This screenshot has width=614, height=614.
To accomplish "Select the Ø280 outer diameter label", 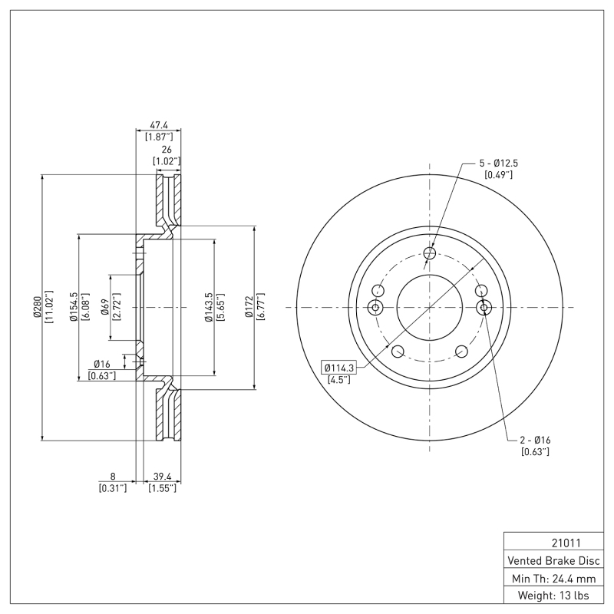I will click(x=36, y=307).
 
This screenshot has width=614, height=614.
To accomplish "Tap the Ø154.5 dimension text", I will click(x=74, y=307).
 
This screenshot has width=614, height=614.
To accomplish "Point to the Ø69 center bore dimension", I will click(x=104, y=307).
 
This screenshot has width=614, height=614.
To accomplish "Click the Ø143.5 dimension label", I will click(x=209, y=307).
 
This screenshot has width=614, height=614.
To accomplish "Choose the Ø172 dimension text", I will click(x=249, y=307).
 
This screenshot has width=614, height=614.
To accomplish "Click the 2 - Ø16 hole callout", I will click(x=535, y=440).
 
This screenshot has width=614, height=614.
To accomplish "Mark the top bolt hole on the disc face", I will click(x=430, y=253).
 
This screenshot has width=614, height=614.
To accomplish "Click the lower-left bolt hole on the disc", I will click(x=398, y=352).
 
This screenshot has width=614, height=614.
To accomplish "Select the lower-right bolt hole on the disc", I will click(x=461, y=352).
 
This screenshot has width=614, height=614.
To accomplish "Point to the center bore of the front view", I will click(x=430, y=307).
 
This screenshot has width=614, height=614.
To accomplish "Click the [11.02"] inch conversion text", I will click(x=49, y=307).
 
